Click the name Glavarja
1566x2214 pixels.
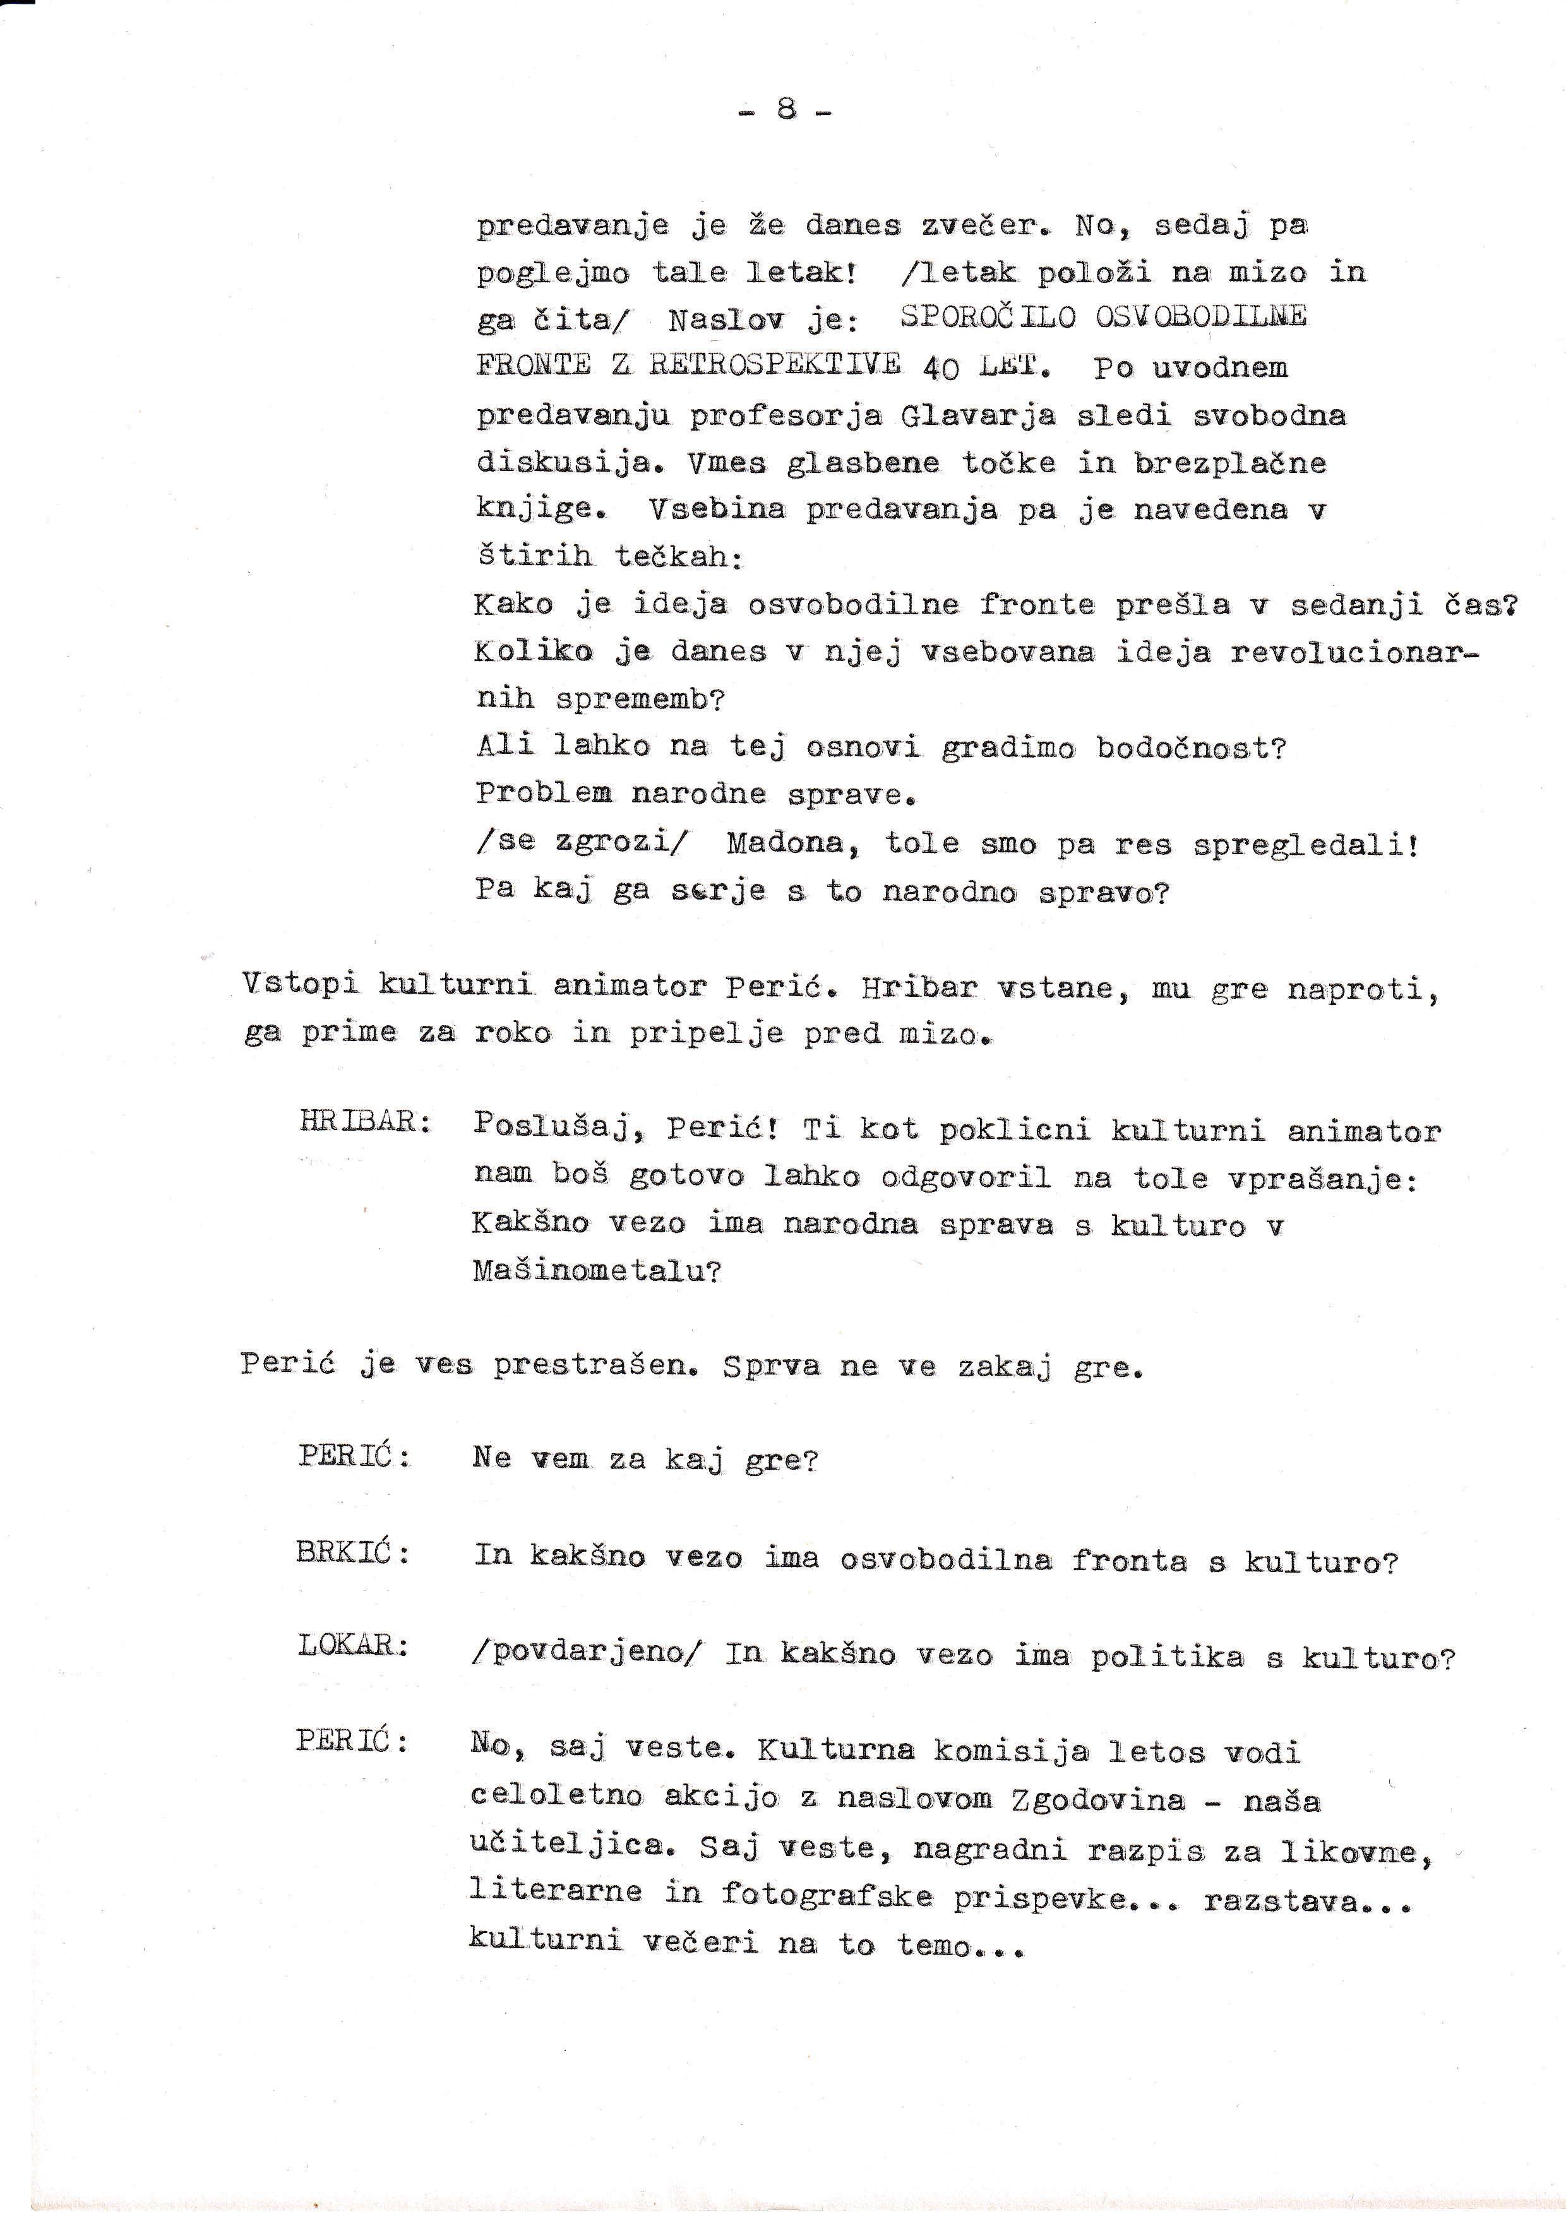(x=977, y=415)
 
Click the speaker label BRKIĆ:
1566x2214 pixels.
(x=354, y=1556)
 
